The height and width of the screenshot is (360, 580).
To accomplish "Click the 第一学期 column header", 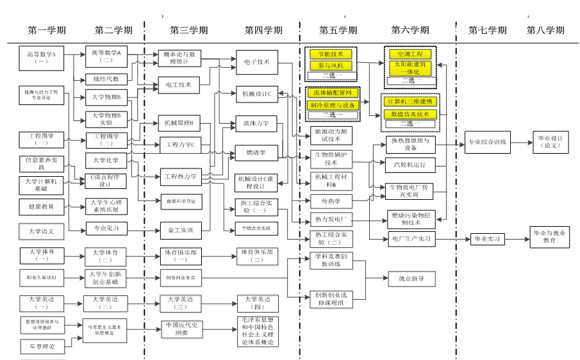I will pos(47,30).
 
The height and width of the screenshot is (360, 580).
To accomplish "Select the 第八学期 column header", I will pos(545,30).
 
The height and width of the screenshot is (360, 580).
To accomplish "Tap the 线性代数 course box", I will pos(106,79).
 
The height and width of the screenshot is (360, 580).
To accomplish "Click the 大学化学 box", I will pos(106,159).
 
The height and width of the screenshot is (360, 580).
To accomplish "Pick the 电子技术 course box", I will pos(256,61).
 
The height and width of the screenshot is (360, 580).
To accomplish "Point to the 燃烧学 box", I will pos(256,152).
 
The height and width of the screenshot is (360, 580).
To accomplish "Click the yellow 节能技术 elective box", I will pos(331,54).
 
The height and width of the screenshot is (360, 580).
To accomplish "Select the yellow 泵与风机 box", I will pos(331,65).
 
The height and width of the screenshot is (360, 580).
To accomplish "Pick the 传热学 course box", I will pos(330,200).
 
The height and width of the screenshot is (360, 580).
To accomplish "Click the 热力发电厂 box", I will pos(330,218).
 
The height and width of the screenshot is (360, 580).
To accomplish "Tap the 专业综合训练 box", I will pos(488,142).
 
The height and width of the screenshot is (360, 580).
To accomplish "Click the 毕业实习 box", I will pos(487,239).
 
